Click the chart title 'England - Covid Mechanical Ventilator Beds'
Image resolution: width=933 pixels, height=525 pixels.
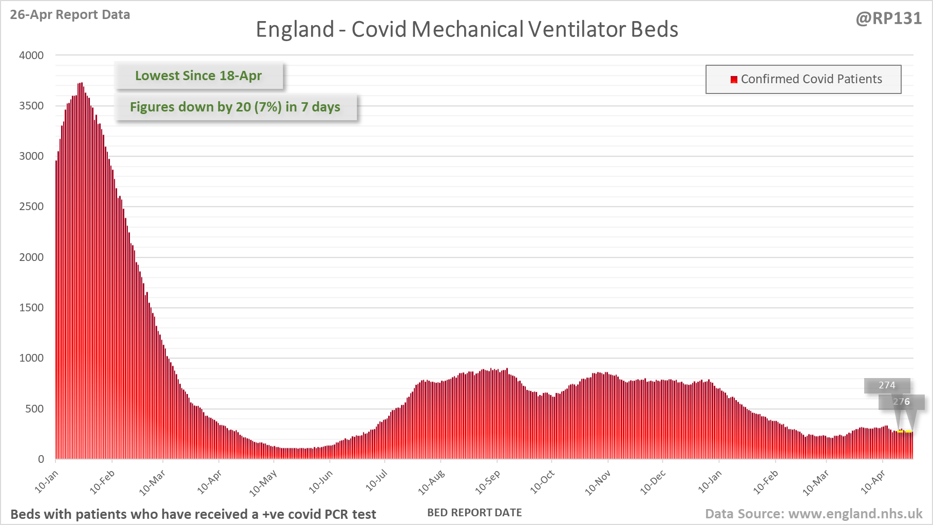point(467,29)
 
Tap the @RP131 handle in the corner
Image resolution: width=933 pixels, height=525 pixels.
point(888,18)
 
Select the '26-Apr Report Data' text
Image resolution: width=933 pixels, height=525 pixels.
point(70,15)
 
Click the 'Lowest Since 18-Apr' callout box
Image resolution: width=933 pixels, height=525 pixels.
point(198,76)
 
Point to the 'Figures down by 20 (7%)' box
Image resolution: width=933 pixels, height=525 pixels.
point(235,107)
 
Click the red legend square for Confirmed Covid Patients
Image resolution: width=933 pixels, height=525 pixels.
point(734,79)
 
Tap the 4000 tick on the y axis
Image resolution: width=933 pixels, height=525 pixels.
point(31,55)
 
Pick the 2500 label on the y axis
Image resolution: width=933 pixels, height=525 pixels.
point(31,207)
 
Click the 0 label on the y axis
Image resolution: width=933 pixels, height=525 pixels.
point(41,459)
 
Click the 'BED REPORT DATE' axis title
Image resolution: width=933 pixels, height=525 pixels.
point(474,513)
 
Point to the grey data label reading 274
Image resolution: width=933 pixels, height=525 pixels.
point(887,385)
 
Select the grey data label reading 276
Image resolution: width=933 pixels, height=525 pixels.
point(901,402)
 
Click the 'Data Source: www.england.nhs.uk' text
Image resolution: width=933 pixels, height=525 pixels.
point(813,514)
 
